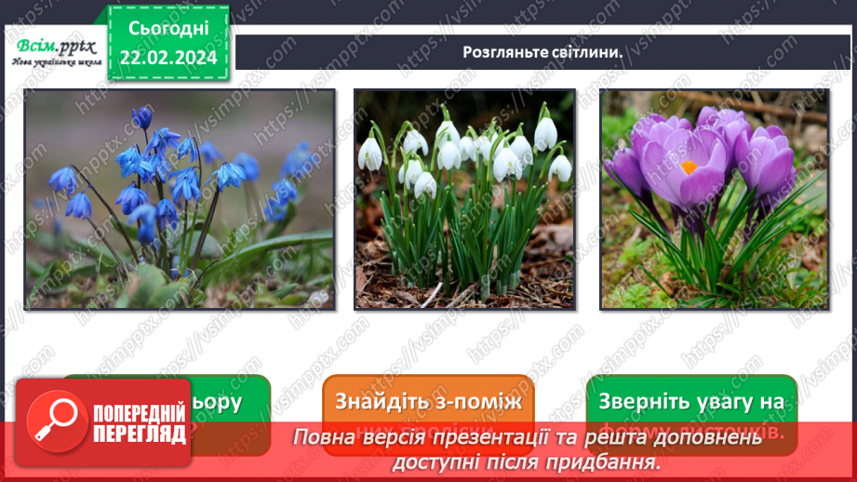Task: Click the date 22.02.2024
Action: [169, 57]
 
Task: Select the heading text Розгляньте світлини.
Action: [542, 52]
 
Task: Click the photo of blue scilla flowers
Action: [180, 199]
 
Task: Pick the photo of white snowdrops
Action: [463, 199]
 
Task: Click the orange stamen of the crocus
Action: [689, 168]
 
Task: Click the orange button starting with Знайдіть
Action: [429, 403]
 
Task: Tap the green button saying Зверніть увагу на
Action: [691, 403]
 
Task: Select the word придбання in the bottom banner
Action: [607, 461]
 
